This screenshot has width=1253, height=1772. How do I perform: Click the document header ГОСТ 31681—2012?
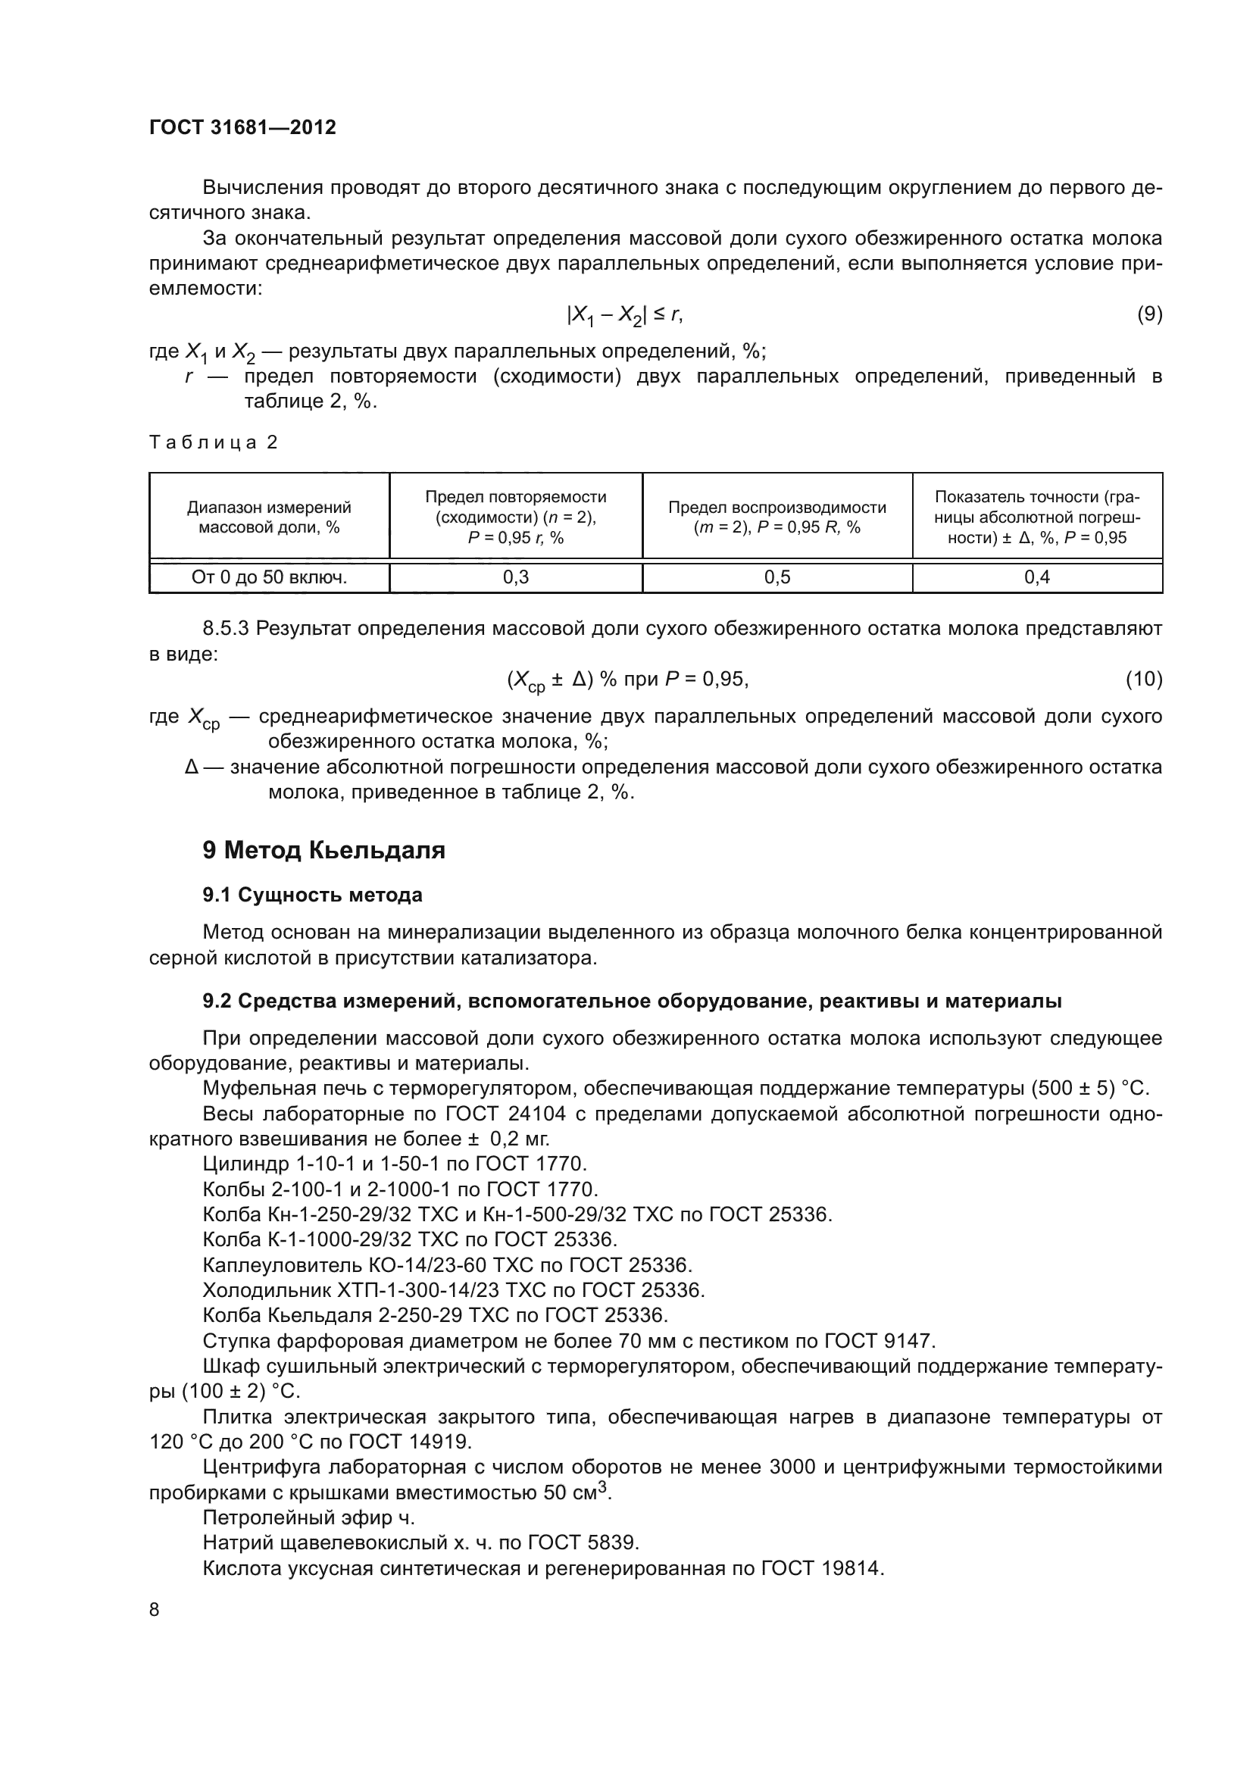coord(242,127)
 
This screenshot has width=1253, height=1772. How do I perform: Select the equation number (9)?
coord(1150,314)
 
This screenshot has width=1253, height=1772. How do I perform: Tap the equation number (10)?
coord(1144,679)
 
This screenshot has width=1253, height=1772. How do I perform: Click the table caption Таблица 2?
coord(213,442)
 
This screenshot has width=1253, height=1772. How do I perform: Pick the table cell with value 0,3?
coord(515,577)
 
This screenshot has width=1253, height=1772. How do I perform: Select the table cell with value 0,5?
coord(777,577)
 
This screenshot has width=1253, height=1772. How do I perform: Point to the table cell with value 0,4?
coord(1037,577)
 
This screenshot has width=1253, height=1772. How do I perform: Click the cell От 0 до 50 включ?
coord(268,577)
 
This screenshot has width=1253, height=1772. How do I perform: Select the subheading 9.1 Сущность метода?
coord(312,895)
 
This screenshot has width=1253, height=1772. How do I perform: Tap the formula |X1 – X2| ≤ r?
coord(624,314)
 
